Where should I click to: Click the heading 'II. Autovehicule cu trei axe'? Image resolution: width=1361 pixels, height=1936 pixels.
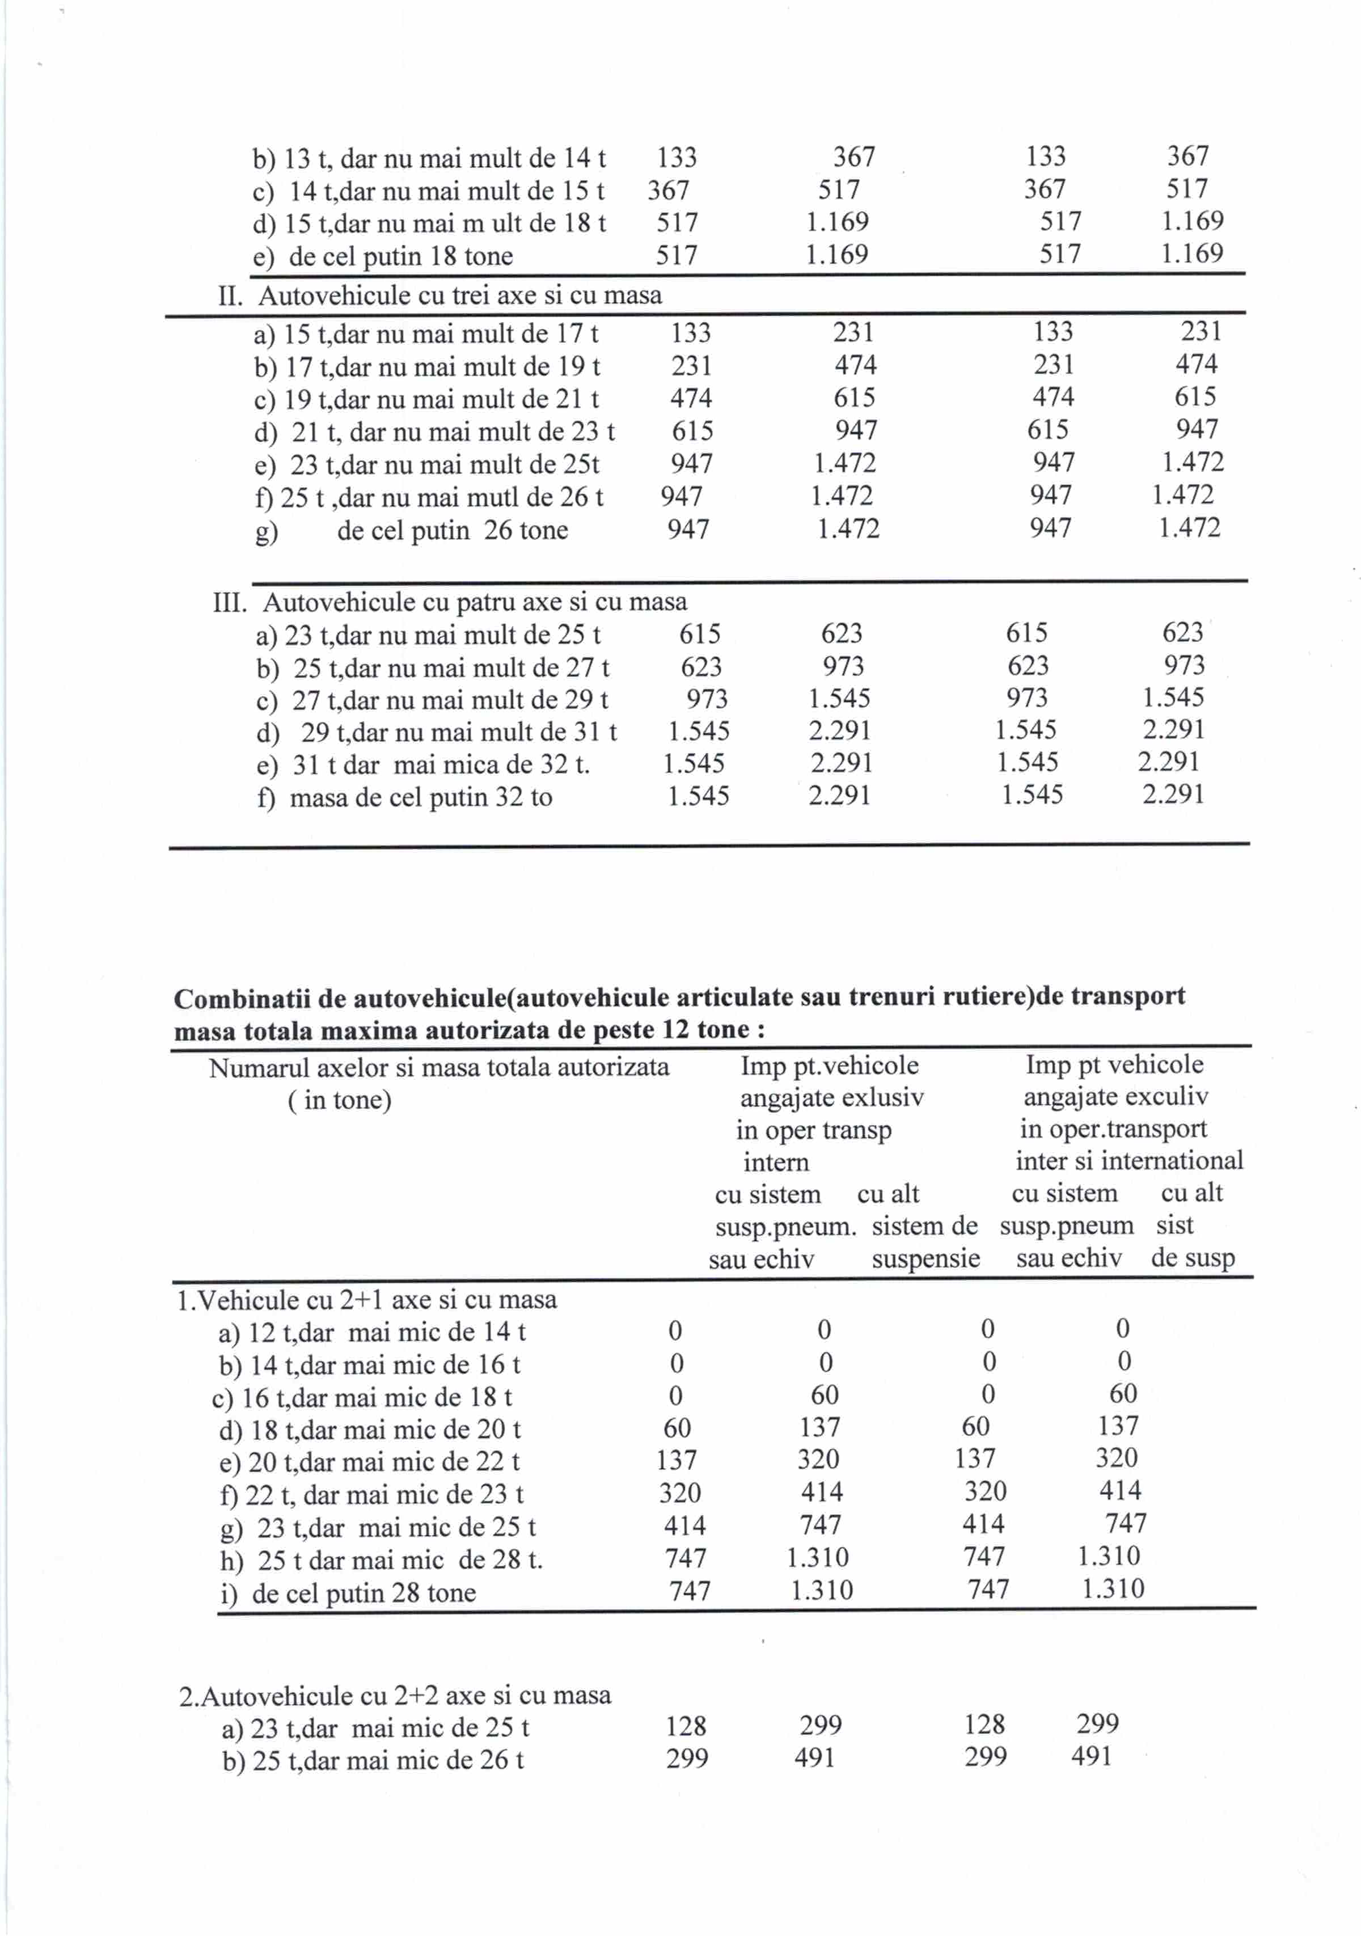point(439,296)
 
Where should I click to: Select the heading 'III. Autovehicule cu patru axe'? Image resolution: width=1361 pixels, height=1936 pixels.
point(450,602)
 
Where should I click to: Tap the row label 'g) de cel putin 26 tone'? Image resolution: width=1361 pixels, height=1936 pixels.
point(412,531)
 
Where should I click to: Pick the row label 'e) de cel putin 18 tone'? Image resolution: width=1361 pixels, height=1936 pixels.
point(383,256)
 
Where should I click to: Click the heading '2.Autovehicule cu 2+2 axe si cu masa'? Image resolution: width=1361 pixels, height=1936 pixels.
point(395,1696)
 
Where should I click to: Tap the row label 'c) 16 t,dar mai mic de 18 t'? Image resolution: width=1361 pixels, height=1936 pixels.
point(362,1397)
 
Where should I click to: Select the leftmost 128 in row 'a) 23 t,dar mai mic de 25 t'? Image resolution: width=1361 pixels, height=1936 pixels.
point(686,1727)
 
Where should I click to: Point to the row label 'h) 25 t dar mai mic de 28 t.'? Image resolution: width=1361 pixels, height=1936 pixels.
point(381,1561)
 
